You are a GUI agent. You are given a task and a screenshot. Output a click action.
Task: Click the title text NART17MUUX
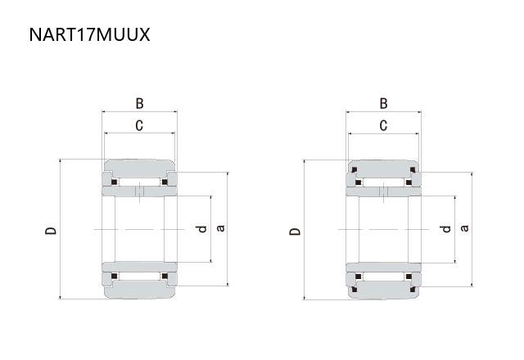pos(89,34)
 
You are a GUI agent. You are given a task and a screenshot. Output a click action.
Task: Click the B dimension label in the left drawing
pos(139,104)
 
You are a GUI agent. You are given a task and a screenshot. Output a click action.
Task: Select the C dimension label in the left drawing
pos(139,125)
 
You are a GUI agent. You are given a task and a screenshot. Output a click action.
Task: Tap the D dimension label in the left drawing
pos(51,231)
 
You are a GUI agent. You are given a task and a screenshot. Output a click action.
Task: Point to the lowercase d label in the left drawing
pos(201,229)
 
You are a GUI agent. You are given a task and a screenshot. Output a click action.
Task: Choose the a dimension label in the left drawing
pos(220,228)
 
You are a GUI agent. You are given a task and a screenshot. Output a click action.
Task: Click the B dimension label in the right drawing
pos(384,104)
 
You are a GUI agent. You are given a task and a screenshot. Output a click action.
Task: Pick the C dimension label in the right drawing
pos(384,125)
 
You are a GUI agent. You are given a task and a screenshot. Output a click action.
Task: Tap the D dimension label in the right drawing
pos(295,231)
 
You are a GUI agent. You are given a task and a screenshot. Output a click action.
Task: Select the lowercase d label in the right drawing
pos(445,229)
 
